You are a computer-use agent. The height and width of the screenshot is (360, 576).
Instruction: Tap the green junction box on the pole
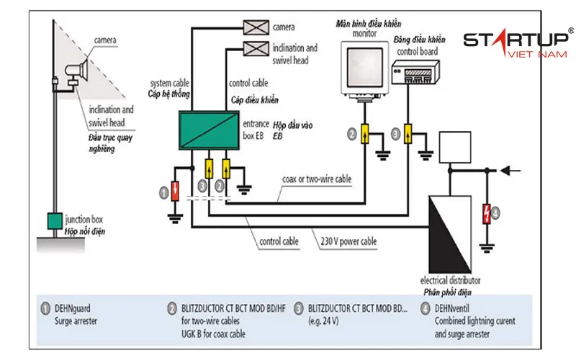(x=55, y=221)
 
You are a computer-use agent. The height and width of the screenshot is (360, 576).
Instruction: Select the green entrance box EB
(x=209, y=130)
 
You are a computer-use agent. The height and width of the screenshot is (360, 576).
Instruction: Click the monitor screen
(x=365, y=67)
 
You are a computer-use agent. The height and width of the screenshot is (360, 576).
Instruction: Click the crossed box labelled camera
(x=256, y=27)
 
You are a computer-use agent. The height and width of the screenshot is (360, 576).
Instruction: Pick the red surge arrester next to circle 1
(x=175, y=191)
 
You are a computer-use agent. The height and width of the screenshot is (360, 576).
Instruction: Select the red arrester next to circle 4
(x=487, y=213)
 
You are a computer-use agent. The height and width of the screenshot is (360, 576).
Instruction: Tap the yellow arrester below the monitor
(x=364, y=133)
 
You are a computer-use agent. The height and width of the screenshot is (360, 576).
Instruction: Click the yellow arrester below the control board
(x=408, y=133)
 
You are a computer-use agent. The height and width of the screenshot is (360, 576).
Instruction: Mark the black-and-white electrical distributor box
(x=450, y=235)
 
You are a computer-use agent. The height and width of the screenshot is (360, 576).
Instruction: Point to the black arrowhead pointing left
(x=506, y=171)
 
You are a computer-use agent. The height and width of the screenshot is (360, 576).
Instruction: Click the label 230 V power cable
(x=348, y=241)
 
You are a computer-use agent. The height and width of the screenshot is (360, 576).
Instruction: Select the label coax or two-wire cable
(x=317, y=179)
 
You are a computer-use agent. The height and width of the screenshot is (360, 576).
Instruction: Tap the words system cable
(x=169, y=83)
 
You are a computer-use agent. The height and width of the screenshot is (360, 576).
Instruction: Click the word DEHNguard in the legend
(x=73, y=308)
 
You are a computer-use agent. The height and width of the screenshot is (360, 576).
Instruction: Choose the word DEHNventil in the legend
(x=452, y=308)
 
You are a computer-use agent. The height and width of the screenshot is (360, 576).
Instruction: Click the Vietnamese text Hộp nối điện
(x=85, y=231)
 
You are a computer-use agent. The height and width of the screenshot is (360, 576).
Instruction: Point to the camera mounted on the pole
(x=77, y=69)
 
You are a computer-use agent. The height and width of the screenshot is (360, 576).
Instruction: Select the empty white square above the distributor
(x=455, y=147)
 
